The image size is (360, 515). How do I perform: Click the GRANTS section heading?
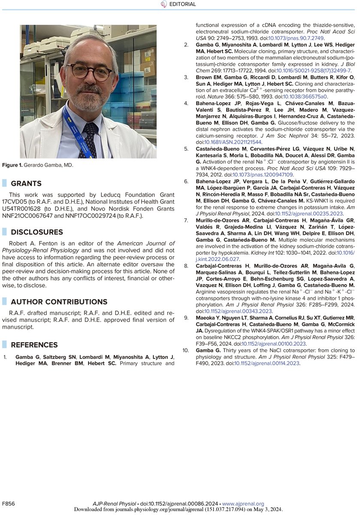click(x=26, y=183)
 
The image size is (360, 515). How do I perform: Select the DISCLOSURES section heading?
click(x=36, y=232)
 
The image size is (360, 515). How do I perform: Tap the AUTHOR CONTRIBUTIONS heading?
click(x=59, y=301)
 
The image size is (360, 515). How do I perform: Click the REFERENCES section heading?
click(x=34, y=345)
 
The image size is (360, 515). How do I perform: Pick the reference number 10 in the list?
click(x=185, y=350)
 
